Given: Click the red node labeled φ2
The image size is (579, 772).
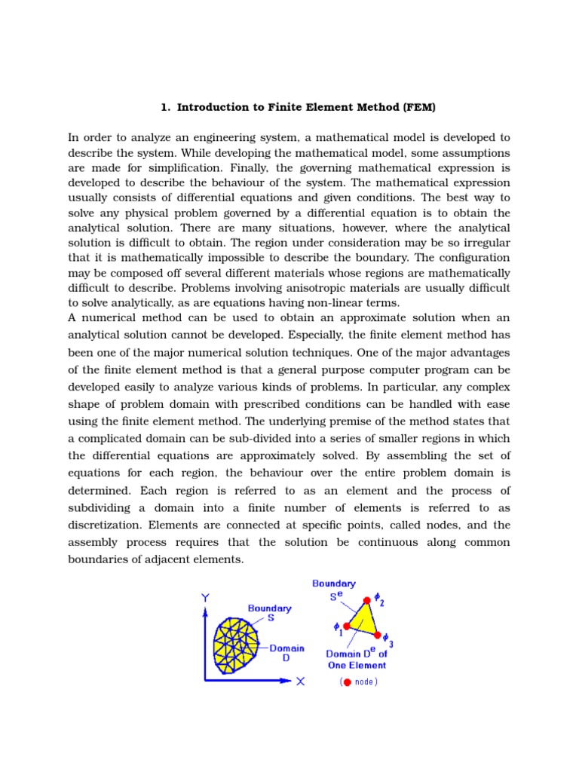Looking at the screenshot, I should coord(367,600).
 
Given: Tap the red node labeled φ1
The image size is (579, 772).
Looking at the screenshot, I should coord(346,626).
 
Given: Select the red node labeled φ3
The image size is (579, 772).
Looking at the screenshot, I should coord(377,636).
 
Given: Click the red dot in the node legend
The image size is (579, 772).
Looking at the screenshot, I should coord(347,682).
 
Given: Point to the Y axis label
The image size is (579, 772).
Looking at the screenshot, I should coord(205,598).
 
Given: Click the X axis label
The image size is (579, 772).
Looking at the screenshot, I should coord(300,681).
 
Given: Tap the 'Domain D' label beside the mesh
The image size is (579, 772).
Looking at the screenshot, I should coord(286,652).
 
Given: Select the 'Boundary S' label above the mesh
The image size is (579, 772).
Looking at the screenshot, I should coord(269,612).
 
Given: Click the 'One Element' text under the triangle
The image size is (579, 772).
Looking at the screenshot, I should coord(357,665).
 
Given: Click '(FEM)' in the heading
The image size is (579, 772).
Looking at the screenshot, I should coord(420,107).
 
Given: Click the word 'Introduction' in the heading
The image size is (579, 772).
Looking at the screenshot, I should coord(209,107).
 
